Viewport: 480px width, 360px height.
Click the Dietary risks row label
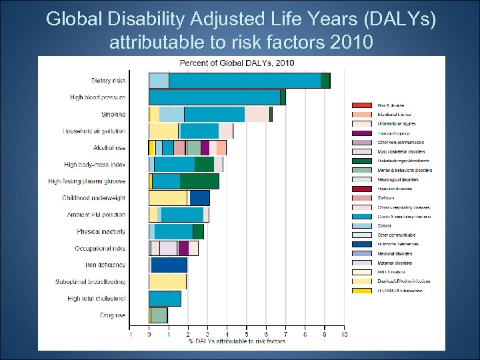coord(108,81)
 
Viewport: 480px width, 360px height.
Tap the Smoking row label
coord(113,114)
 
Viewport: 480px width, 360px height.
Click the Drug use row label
coord(112,315)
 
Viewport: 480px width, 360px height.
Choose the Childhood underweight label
coord(93,198)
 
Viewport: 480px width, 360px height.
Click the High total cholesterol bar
coord(165,298)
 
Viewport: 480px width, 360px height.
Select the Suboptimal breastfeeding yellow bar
coord(167,281)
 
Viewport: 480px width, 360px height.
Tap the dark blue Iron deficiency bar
coord(169,265)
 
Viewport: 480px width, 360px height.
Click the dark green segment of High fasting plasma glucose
coord(199,181)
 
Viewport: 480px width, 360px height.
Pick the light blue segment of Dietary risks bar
coord(159,81)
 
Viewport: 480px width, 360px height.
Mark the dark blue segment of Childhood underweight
coord(200,198)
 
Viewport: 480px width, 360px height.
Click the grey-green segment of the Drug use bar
coord(159,315)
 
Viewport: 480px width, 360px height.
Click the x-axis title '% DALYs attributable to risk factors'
coord(237,341)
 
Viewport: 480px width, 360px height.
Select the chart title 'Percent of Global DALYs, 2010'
coord(237,63)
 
